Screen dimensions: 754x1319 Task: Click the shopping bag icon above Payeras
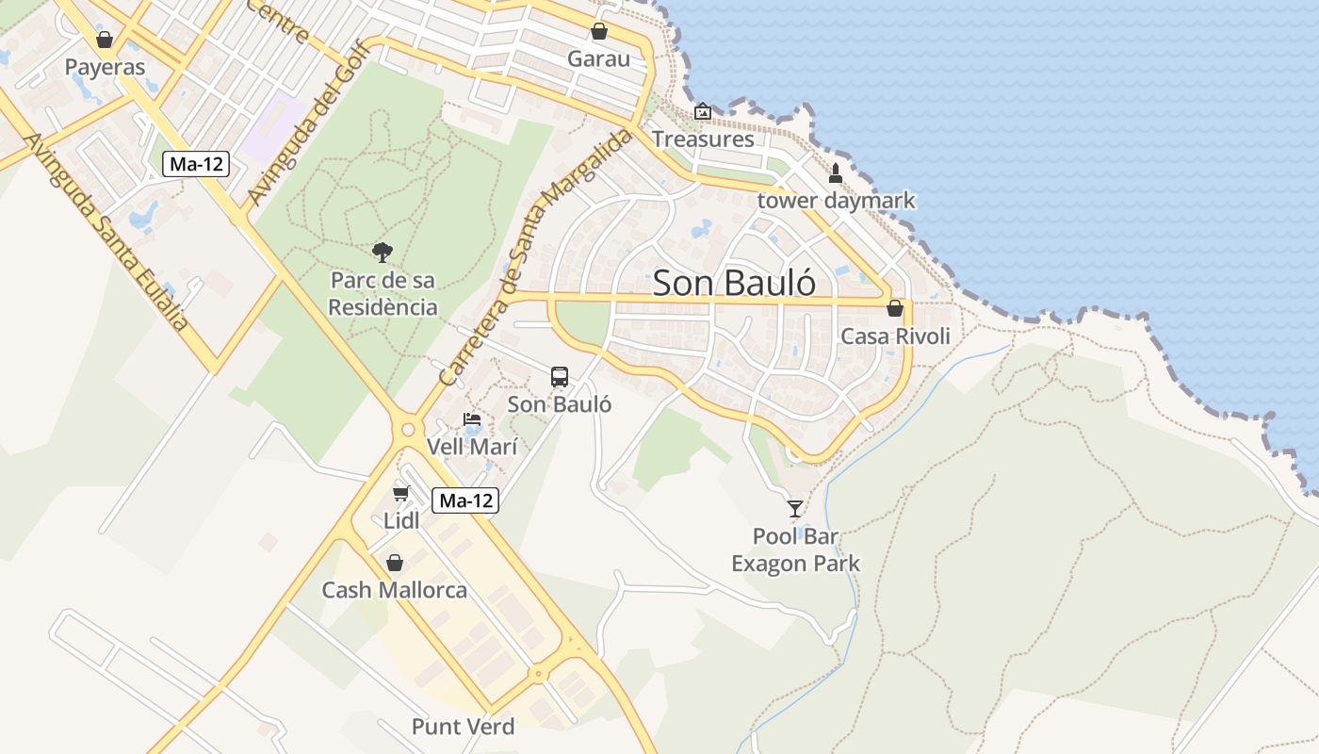pos(105,40)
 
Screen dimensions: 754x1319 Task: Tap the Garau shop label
pos(598,59)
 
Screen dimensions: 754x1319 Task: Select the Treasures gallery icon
pos(702,112)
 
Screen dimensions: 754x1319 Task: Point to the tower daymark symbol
pos(835,173)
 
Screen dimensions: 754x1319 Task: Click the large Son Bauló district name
pos(734,283)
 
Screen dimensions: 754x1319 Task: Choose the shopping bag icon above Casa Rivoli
pos(894,308)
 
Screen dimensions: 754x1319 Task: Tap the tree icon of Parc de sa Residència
pos(382,252)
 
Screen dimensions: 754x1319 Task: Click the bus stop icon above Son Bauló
pos(560,377)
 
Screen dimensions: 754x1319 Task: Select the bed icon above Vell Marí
pos(472,419)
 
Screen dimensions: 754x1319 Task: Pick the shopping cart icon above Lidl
pos(401,493)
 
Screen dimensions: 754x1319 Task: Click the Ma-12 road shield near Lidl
pos(465,500)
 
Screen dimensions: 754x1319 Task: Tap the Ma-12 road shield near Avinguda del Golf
pos(196,163)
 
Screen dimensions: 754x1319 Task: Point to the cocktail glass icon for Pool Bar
pos(795,509)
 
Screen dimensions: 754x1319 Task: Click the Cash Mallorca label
pos(395,591)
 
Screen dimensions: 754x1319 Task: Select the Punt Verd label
pos(464,727)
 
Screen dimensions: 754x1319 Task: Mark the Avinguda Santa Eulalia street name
pos(105,231)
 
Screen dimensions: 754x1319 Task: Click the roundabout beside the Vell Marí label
pos(408,430)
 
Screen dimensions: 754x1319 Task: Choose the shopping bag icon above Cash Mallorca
pos(395,563)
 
